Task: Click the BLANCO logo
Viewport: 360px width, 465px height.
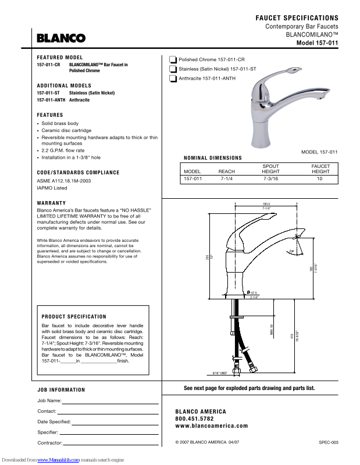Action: point(61,38)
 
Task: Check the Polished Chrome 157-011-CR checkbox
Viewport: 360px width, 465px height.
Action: point(173,60)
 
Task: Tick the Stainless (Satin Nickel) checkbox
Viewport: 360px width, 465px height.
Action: point(173,69)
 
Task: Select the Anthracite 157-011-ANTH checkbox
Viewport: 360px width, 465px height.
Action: point(173,78)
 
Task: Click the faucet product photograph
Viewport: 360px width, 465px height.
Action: point(273,110)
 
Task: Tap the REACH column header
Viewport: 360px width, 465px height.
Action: point(226,172)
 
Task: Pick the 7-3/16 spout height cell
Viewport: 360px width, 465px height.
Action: point(270,180)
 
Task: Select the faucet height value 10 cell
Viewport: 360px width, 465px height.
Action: point(319,180)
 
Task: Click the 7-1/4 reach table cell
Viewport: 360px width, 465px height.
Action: point(226,180)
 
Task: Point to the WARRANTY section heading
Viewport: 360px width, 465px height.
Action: point(51,203)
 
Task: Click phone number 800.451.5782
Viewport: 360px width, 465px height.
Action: point(194,419)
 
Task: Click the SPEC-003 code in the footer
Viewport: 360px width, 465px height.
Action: point(328,442)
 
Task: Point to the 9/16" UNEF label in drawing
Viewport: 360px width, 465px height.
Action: point(219,373)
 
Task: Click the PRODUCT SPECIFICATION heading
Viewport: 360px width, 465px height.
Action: point(74,317)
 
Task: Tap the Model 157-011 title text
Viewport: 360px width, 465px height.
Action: point(317,43)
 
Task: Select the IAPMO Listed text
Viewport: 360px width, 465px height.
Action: point(52,188)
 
